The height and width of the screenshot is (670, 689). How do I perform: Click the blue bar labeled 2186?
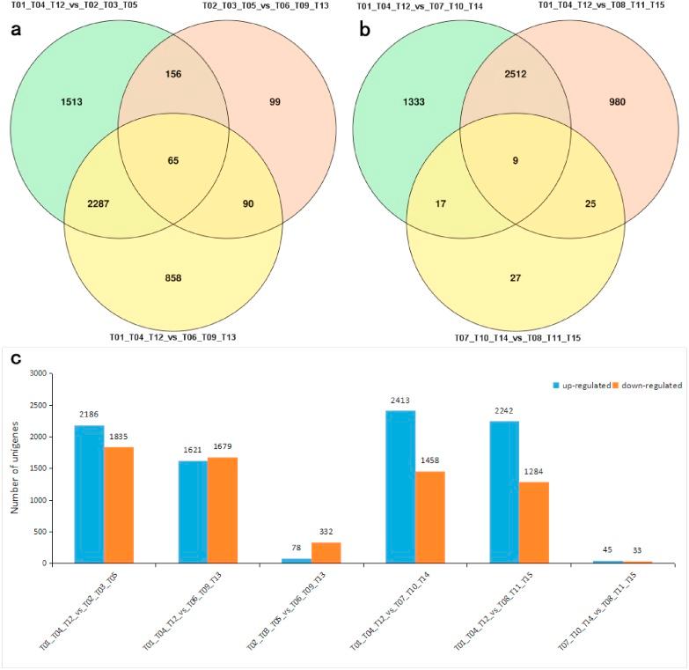coord(90,494)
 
